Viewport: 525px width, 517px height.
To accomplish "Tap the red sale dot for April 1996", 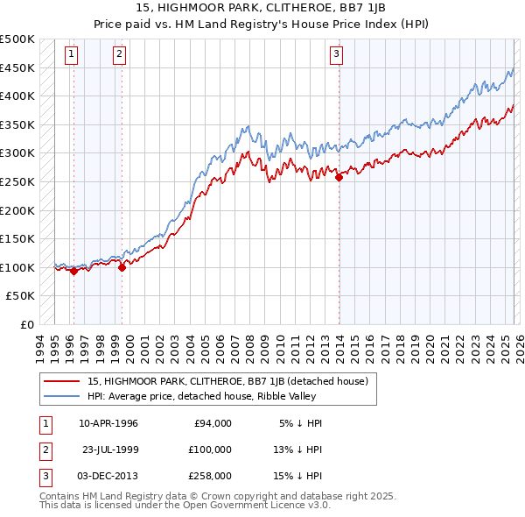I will (73, 271).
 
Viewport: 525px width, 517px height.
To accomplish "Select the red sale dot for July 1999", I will (122, 268).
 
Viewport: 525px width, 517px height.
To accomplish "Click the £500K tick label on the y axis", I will (17, 39).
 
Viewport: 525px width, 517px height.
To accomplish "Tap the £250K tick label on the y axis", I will (17, 181).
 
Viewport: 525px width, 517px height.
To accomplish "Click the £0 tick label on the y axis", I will (28, 324).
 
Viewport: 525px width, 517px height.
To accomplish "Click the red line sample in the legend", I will (61, 382).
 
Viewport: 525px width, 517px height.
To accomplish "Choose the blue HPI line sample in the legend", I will (61, 397).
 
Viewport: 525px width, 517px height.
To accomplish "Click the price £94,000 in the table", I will (213, 423).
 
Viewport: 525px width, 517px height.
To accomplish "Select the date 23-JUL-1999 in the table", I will (108, 450).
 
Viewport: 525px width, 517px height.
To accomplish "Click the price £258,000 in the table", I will (210, 476).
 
